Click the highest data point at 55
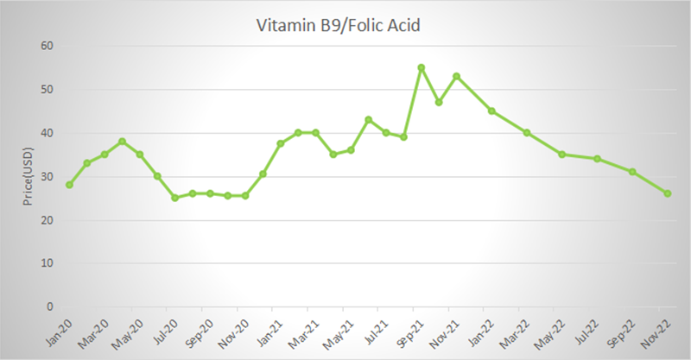point(422,67)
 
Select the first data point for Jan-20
point(69,185)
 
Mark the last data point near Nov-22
point(668,193)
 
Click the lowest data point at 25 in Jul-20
point(174,198)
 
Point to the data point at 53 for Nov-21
point(456,76)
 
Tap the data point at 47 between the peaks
point(439,102)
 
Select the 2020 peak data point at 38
point(122,142)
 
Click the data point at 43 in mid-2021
point(369,120)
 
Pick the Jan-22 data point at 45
point(491,111)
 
